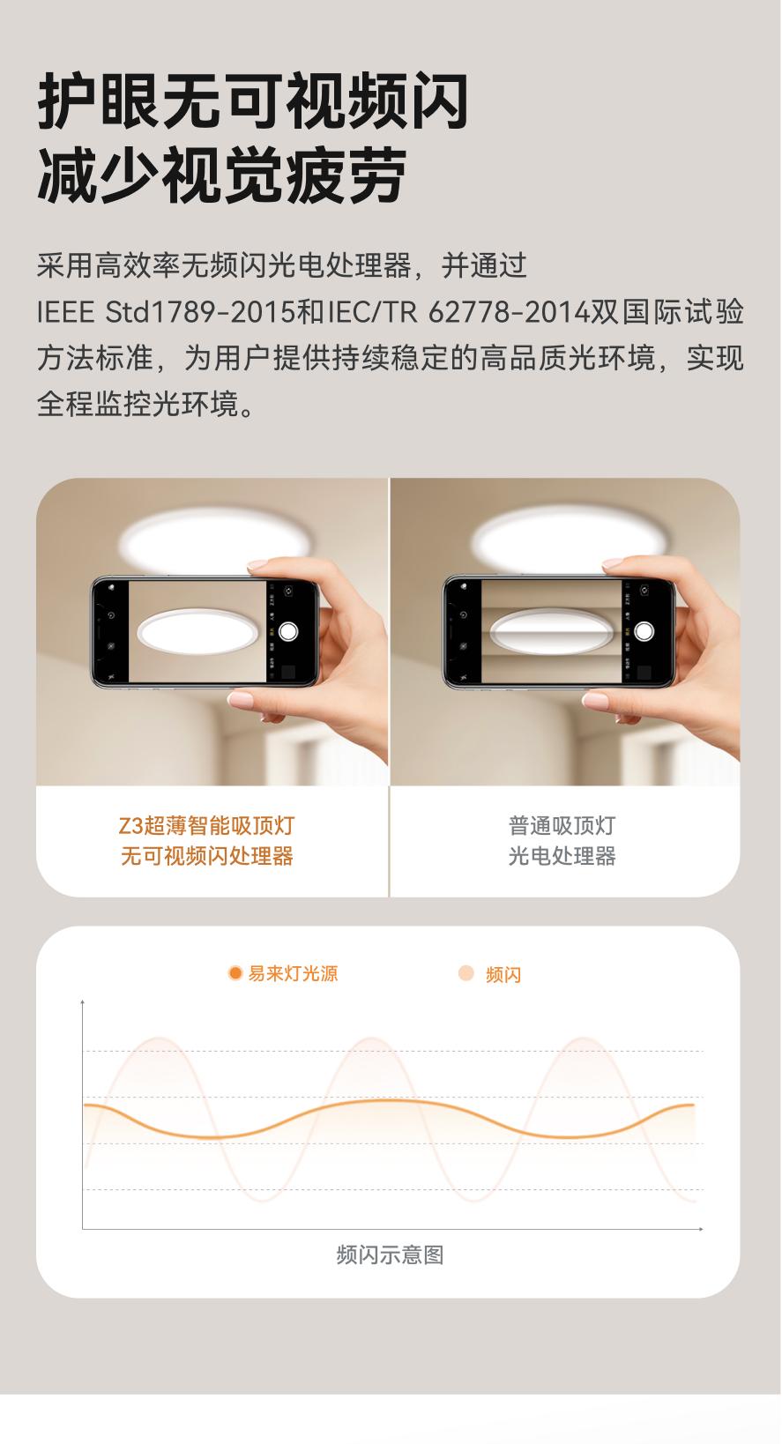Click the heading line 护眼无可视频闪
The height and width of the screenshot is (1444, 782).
(x=253, y=101)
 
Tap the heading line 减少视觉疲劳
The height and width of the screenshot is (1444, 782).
(x=222, y=175)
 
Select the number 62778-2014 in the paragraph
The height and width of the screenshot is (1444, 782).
(x=510, y=312)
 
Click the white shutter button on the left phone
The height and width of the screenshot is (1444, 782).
(x=288, y=631)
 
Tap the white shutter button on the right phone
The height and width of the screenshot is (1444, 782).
(x=644, y=631)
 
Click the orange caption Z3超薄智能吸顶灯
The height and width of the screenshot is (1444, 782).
(x=207, y=825)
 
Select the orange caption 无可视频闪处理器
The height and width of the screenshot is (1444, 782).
(x=207, y=856)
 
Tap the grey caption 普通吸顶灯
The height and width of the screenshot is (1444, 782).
(x=562, y=825)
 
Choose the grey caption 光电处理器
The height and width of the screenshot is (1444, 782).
(x=562, y=856)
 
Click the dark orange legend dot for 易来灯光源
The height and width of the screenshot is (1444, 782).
(x=235, y=972)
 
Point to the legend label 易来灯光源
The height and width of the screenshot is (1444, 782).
(x=294, y=973)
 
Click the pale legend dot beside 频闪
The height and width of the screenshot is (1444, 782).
(x=465, y=973)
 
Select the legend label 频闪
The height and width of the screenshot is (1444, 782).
(x=503, y=975)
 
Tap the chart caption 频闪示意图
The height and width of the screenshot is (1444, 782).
(x=390, y=1254)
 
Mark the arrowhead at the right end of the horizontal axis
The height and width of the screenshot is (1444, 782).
(x=701, y=1229)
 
